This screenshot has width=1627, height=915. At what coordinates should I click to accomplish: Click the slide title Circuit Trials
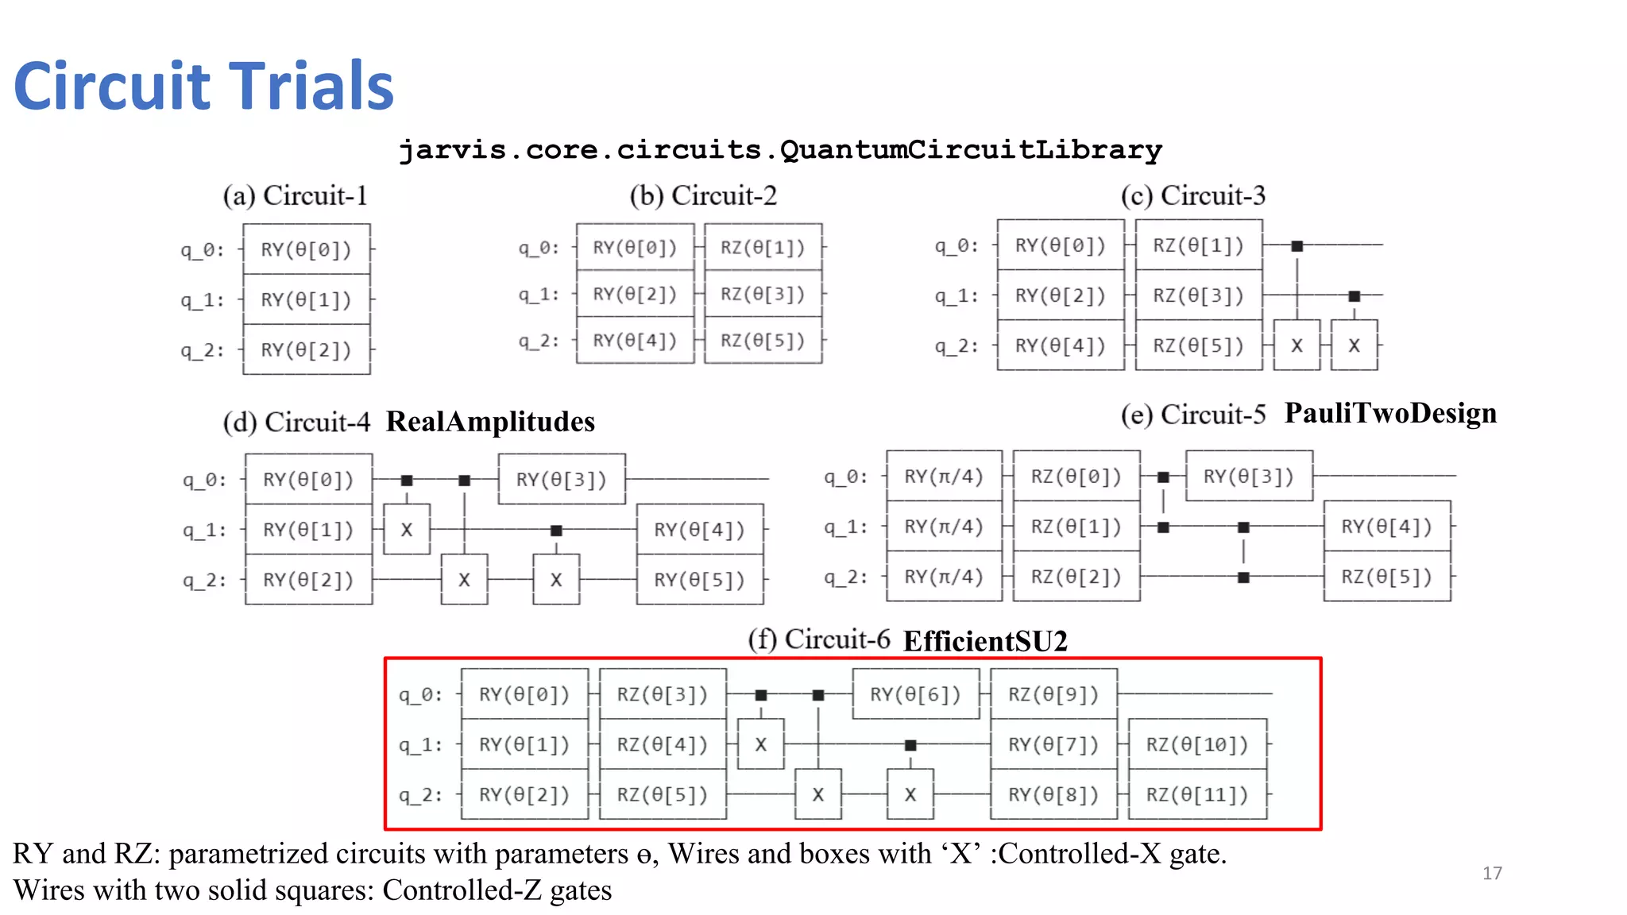click(x=203, y=86)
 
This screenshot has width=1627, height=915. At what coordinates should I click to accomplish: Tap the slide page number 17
click(x=1492, y=873)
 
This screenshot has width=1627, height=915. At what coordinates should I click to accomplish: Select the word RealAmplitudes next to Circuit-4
click(x=490, y=422)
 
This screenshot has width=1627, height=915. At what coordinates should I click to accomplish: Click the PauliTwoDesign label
click(x=1390, y=413)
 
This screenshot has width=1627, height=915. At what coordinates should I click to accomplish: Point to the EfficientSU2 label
click(x=985, y=641)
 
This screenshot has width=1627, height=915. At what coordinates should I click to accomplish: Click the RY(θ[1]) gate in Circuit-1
click(x=306, y=300)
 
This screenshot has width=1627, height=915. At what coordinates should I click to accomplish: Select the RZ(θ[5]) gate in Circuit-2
click(x=763, y=341)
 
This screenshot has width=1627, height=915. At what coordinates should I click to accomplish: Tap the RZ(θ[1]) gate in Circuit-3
click(x=1198, y=245)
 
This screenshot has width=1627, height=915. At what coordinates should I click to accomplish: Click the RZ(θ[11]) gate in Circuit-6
click(x=1196, y=794)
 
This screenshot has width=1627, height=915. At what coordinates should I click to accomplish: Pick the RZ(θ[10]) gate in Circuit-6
click(x=1196, y=744)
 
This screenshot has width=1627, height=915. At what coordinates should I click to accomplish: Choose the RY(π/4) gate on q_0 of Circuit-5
click(x=944, y=477)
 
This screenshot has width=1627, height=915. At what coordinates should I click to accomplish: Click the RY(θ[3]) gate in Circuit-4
click(x=561, y=480)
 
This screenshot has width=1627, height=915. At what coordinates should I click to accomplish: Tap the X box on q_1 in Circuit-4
click(x=407, y=530)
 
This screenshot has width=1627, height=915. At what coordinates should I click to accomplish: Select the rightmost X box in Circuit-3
click(x=1354, y=346)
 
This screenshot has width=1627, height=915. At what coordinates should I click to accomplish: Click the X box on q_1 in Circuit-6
click(x=760, y=744)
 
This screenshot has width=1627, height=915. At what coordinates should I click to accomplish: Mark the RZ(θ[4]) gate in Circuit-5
click(x=1386, y=527)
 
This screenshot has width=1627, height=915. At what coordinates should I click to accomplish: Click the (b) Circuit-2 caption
click(x=702, y=195)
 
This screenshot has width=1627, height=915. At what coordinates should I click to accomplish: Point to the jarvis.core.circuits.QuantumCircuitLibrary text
click(x=780, y=149)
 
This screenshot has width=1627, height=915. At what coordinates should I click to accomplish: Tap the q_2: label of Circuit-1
click(x=202, y=350)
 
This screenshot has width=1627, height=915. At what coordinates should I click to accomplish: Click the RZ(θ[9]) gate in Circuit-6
click(x=1053, y=694)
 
